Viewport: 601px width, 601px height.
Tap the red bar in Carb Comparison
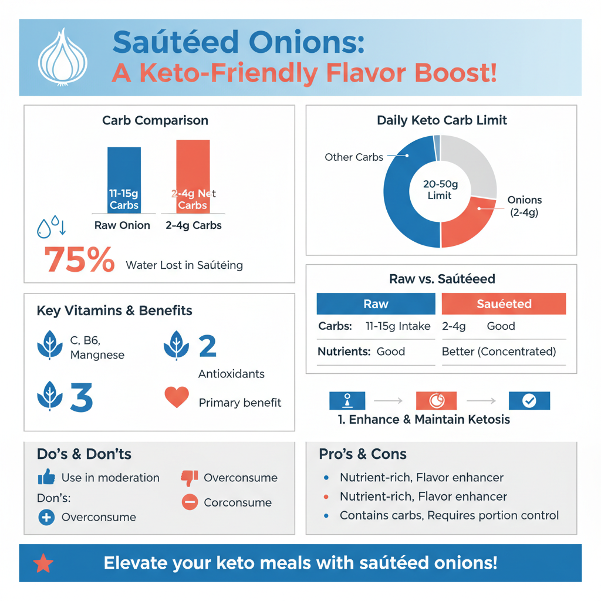193,176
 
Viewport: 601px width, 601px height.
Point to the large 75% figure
79,260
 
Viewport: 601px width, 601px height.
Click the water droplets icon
51,228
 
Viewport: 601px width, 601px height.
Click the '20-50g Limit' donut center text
440,190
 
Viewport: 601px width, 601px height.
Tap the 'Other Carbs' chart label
353,157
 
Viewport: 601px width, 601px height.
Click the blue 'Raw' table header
376,304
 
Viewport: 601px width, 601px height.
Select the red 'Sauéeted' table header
504,304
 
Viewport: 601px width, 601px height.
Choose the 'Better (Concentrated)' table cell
498,352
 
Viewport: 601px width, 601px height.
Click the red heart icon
177,397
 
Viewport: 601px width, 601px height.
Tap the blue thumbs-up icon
46,477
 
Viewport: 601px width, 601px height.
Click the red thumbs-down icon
188,478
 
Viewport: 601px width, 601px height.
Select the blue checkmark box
529,401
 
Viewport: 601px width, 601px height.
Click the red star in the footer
43,563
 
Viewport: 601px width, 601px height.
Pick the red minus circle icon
190,502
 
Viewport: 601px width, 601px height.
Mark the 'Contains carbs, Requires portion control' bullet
449,515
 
